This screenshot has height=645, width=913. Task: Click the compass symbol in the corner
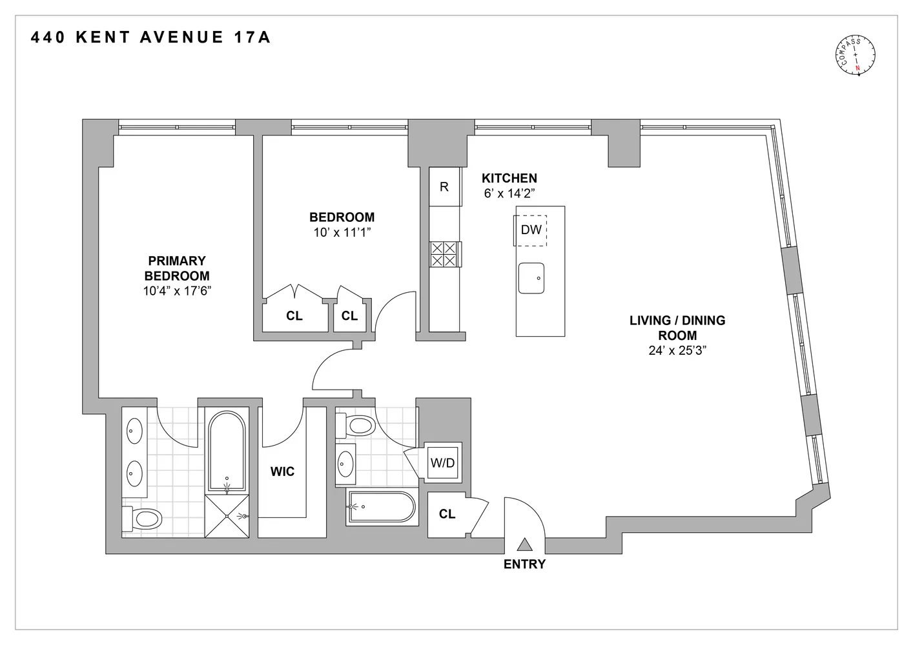click(x=856, y=56)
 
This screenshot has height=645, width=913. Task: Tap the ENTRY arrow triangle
click(x=524, y=544)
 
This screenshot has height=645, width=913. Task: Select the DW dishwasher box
click(x=531, y=230)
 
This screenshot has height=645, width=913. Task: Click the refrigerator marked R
click(x=444, y=187)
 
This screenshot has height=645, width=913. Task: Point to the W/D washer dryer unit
click(x=442, y=462)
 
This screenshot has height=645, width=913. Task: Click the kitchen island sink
click(x=531, y=278)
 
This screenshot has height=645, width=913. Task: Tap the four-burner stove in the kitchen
click(x=444, y=253)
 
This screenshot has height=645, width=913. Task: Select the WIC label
click(x=282, y=471)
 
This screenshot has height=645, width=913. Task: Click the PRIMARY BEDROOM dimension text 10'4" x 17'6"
click(x=178, y=291)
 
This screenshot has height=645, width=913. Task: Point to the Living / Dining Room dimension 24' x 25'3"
click(x=677, y=351)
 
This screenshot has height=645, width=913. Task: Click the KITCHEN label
click(x=509, y=179)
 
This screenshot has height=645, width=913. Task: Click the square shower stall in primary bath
click(x=227, y=516)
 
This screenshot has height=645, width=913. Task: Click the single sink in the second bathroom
click(x=346, y=463)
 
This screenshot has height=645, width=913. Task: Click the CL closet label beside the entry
click(x=447, y=514)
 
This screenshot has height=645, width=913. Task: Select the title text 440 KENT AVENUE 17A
click(x=150, y=38)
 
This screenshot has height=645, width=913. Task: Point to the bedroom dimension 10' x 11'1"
click(x=342, y=232)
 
